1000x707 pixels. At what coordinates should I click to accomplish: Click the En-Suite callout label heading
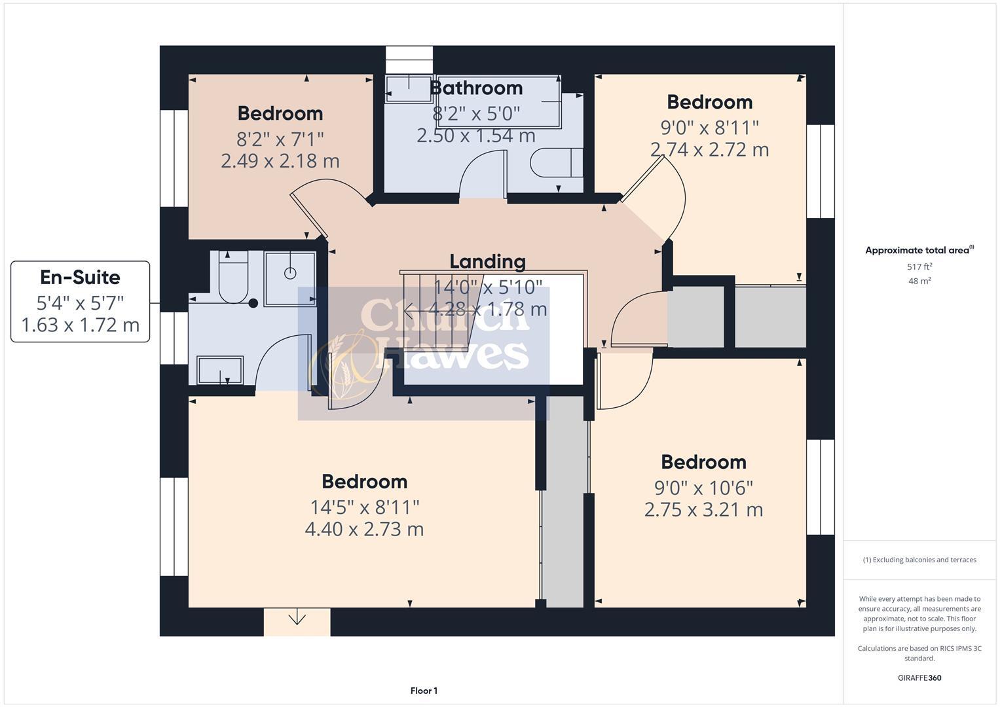click(x=80, y=278)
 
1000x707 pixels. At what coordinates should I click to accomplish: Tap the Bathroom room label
click(x=477, y=88)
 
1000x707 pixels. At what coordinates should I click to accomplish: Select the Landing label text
click(x=487, y=261)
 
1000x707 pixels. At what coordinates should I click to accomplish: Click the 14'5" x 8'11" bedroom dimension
click(x=365, y=507)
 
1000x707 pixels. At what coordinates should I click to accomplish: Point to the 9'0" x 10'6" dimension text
click(x=703, y=488)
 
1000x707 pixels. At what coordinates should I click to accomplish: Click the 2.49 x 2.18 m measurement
click(x=280, y=161)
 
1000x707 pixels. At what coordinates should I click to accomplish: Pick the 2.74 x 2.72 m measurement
click(x=709, y=150)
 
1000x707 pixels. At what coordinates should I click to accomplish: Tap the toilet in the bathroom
click(x=556, y=162)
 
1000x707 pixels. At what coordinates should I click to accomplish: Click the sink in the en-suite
click(x=220, y=370)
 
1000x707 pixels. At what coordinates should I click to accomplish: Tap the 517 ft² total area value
click(x=919, y=267)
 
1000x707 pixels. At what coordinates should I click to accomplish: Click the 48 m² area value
click(x=919, y=281)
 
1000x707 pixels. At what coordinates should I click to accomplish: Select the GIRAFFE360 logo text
click(x=919, y=678)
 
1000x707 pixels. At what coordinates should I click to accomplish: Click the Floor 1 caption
click(x=424, y=691)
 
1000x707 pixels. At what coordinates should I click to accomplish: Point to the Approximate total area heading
click(x=919, y=250)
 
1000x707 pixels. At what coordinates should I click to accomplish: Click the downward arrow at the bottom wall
click(x=297, y=617)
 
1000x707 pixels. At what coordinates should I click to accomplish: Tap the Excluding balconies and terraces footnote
click(x=919, y=560)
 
